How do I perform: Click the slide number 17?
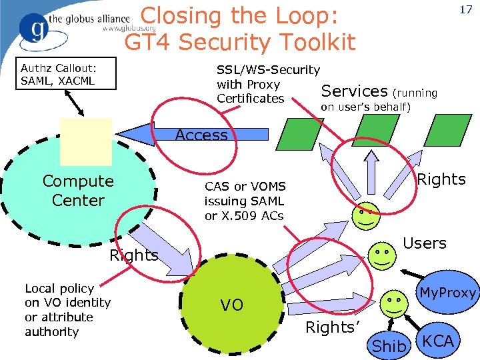click(x=464, y=11)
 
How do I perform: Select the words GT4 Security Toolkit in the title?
click(x=240, y=43)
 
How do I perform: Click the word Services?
click(x=354, y=91)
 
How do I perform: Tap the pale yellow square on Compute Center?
click(x=85, y=141)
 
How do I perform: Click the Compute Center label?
click(x=78, y=191)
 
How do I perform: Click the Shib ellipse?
click(x=389, y=345)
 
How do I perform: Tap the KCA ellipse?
click(x=438, y=341)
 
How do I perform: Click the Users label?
click(x=425, y=243)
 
